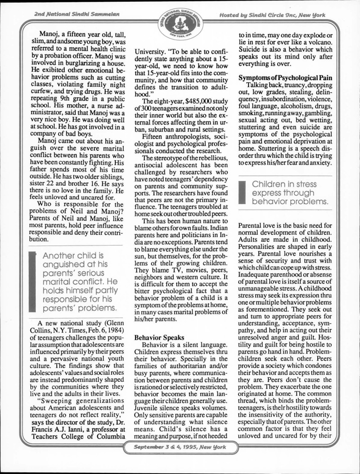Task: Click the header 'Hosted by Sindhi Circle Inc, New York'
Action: (x=273, y=15)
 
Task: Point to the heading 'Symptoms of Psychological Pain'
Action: (x=285, y=78)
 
